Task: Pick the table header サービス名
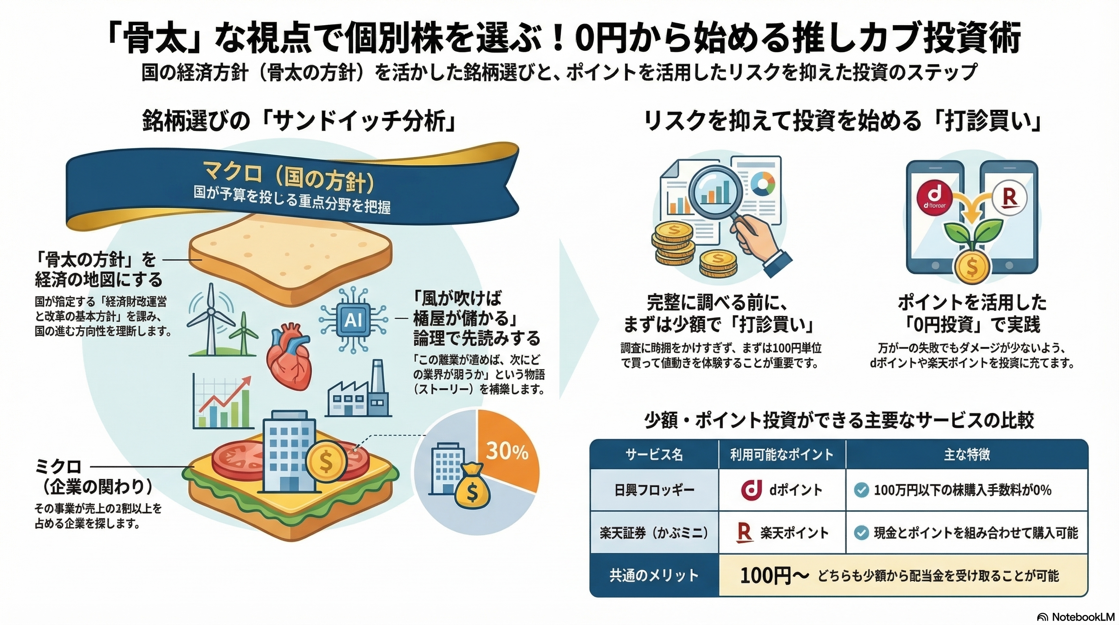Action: pyautogui.click(x=654, y=454)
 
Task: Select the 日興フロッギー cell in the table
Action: pyautogui.click(x=654, y=490)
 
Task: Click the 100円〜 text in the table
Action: pyautogui.click(x=774, y=575)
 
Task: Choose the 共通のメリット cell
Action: pyautogui.click(x=654, y=575)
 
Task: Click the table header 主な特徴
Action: pyautogui.click(x=967, y=454)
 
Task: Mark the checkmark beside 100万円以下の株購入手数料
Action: pyautogui.click(x=860, y=490)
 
